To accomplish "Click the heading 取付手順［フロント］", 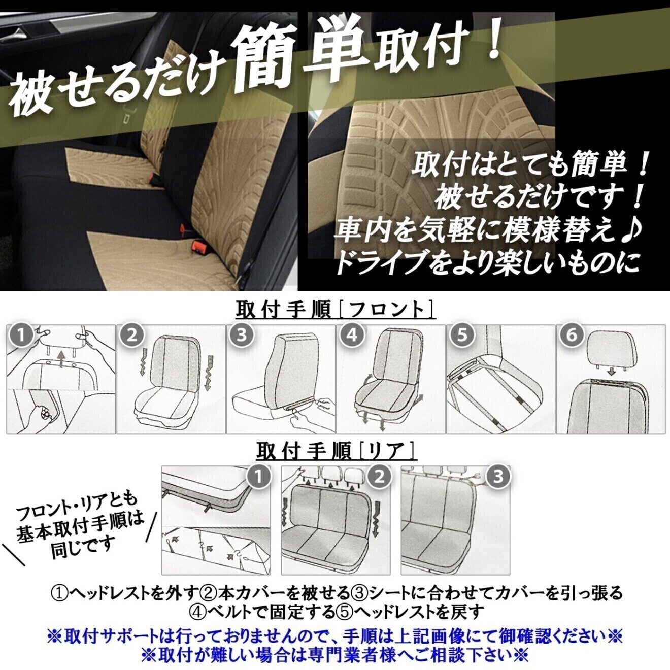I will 336,310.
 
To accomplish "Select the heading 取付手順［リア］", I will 336,451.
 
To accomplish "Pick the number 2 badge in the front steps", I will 132,336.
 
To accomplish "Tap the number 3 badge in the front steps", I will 242,336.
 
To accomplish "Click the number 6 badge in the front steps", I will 572,336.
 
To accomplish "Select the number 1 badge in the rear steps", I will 259,477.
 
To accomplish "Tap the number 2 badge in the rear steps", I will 379,477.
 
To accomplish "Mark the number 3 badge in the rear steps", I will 498,477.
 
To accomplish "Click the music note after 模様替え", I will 632,231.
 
